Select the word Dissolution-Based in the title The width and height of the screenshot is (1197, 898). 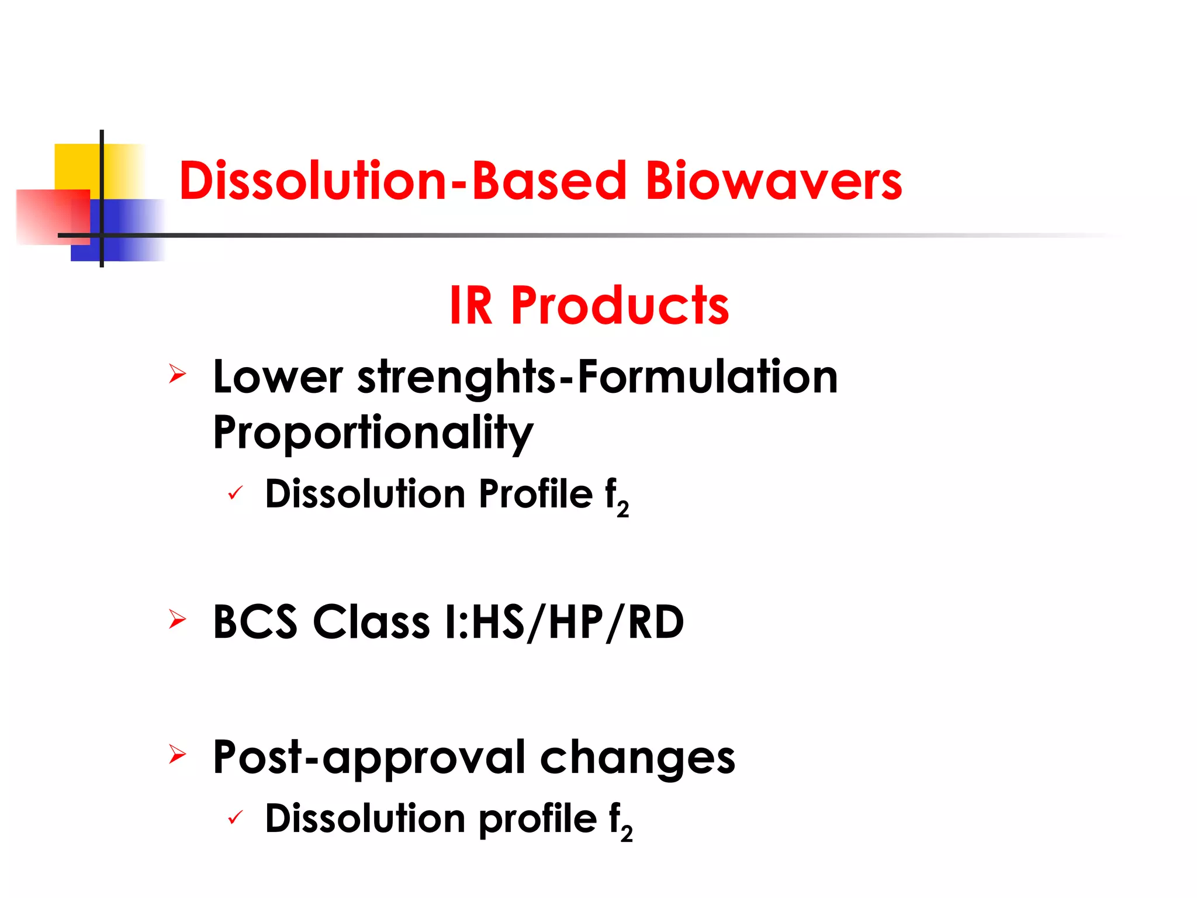coord(403,181)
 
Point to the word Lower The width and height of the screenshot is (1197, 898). coord(278,377)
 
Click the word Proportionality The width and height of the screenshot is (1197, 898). coord(373,433)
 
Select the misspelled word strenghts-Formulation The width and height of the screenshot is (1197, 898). coord(597,377)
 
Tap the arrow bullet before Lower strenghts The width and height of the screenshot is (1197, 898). coord(177,374)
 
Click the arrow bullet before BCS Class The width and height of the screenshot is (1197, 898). coord(177,619)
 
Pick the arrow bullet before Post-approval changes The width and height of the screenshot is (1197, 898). coord(177,754)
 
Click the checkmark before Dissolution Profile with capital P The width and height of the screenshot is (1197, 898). coord(235,493)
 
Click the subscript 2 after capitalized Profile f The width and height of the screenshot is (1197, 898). coord(623,509)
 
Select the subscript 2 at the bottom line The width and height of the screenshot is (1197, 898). coord(627,833)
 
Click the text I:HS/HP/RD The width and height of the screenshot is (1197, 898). coord(564,622)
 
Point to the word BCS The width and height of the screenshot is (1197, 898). coord(255,622)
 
